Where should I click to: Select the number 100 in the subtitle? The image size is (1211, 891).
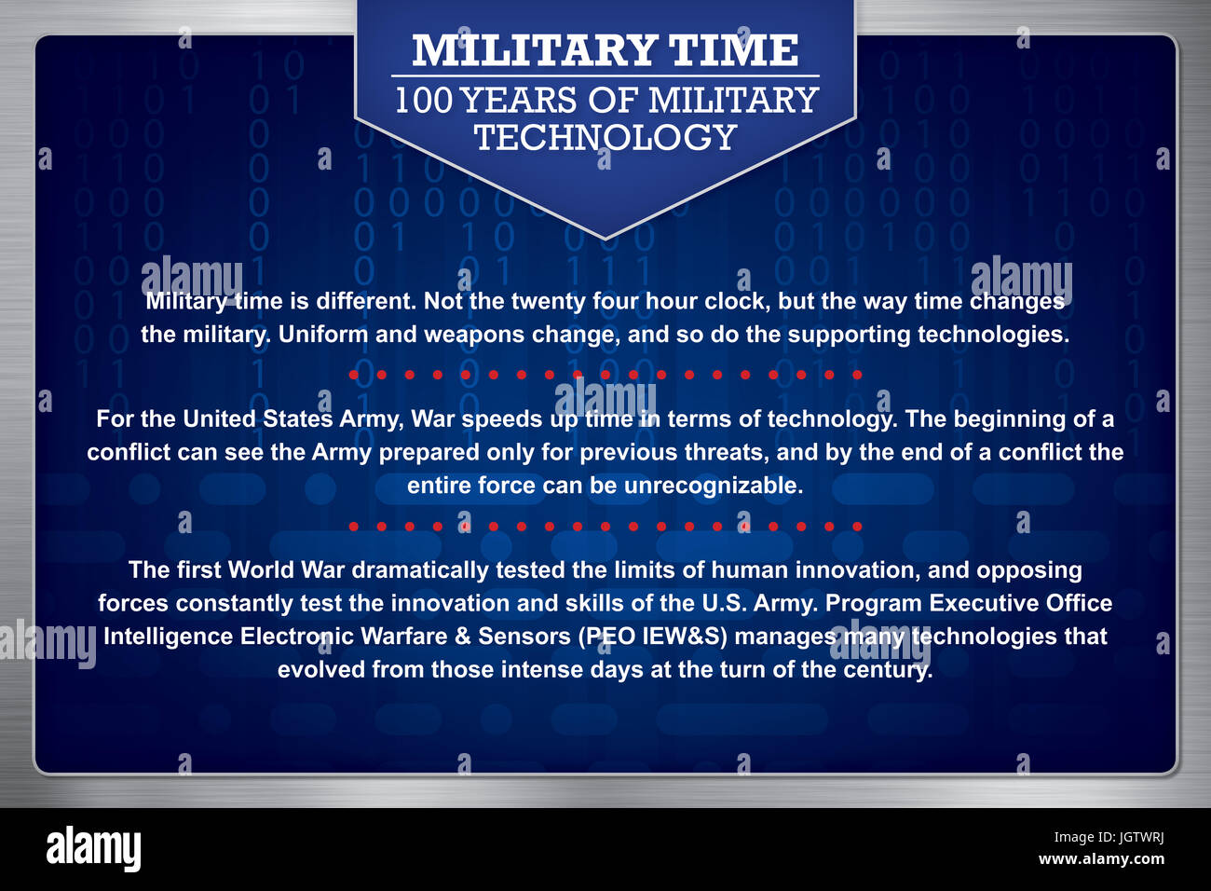[424, 100]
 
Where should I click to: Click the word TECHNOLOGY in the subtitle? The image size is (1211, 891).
[605, 136]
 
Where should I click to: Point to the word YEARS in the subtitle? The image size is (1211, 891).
[520, 100]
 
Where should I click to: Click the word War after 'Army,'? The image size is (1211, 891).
[432, 418]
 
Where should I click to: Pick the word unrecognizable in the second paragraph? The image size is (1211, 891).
[714, 486]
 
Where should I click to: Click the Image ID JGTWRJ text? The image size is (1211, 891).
[1109, 838]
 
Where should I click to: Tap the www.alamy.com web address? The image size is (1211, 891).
[1101, 859]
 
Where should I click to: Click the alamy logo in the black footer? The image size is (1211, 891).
[93, 848]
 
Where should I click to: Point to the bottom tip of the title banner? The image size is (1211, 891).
[605, 240]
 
